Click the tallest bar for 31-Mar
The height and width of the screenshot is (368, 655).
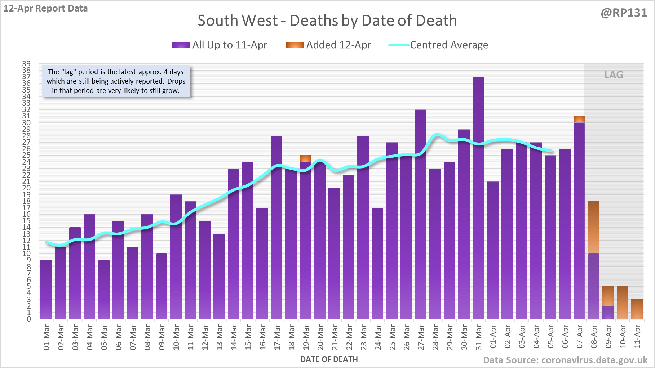pyautogui.click(x=478, y=198)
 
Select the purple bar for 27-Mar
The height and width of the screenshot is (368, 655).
pyautogui.click(x=421, y=214)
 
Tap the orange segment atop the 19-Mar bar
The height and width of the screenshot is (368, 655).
pyautogui.click(x=305, y=159)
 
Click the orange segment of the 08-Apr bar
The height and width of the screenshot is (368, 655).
pyautogui.click(x=594, y=228)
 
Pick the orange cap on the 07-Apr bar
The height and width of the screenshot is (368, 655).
pyautogui.click(x=579, y=119)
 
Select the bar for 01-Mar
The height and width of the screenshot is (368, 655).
pyautogui.click(x=46, y=290)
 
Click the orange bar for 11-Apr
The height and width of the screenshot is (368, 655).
pyautogui.click(x=637, y=309)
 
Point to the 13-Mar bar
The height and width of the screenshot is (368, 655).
pyautogui.click(x=219, y=277)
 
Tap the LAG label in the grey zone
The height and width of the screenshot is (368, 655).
pyautogui.click(x=614, y=75)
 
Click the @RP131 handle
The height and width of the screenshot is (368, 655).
pyautogui.click(x=624, y=13)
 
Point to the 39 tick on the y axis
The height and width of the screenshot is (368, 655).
pyautogui.click(x=26, y=64)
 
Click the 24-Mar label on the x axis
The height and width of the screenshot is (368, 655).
pyautogui.click(x=378, y=337)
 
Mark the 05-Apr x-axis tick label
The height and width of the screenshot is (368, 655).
pyautogui.click(x=551, y=337)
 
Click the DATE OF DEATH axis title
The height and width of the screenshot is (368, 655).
pyautogui.click(x=329, y=359)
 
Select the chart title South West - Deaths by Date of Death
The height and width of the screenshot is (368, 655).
pyautogui.click(x=327, y=21)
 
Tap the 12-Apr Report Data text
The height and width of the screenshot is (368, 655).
pyautogui.click(x=46, y=8)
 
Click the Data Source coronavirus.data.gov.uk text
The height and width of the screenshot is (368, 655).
pyautogui.click(x=565, y=360)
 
